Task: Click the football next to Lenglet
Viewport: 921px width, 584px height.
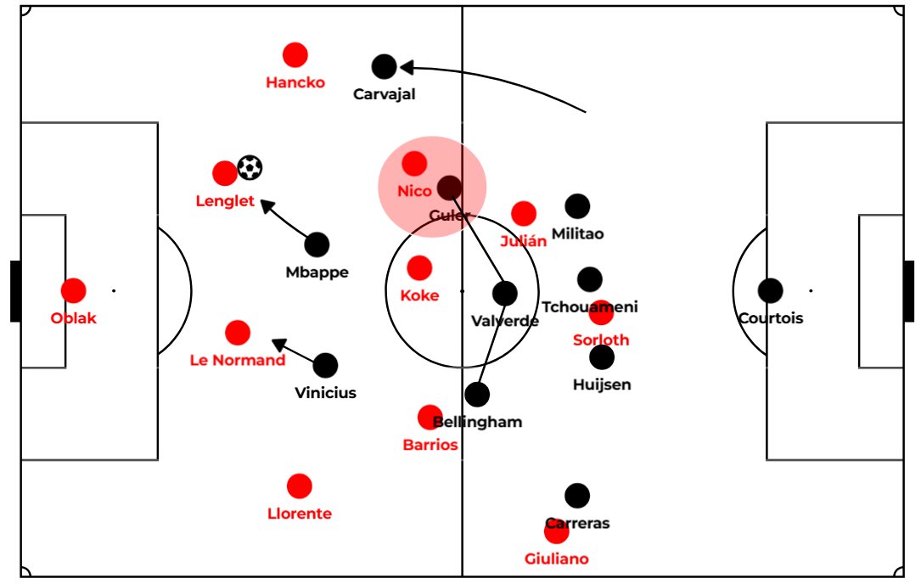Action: (x=250, y=167)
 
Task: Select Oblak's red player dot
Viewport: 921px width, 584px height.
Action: (x=74, y=290)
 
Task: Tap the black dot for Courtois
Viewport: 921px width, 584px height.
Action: (x=771, y=290)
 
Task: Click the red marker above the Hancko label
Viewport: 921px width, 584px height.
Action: (x=295, y=55)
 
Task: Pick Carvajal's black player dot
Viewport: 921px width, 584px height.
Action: (x=385, y=66)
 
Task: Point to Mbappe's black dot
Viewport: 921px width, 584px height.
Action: (x=317, y=244)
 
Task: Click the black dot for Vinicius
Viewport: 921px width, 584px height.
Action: (x=325, y=365)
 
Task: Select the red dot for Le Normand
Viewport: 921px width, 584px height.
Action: (x=238, y=333)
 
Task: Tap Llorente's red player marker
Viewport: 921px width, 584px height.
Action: (x=299, y=486)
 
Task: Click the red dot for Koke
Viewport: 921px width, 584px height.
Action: (x=419, y=268)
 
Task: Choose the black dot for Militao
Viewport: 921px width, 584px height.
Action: (x=577, y=205)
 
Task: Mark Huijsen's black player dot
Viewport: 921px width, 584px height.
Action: (x=602, y=357)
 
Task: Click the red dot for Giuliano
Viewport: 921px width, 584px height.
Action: (x=556, y=532)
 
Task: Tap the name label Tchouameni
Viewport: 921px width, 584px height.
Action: (x=590, y=307)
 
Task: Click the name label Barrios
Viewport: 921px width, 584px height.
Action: (x=430, y=445)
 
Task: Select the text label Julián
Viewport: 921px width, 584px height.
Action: (x=523, y=241)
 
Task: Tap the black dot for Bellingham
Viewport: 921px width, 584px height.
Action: (x=477, y=394)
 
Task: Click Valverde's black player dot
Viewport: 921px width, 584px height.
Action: (x=505, y=294)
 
